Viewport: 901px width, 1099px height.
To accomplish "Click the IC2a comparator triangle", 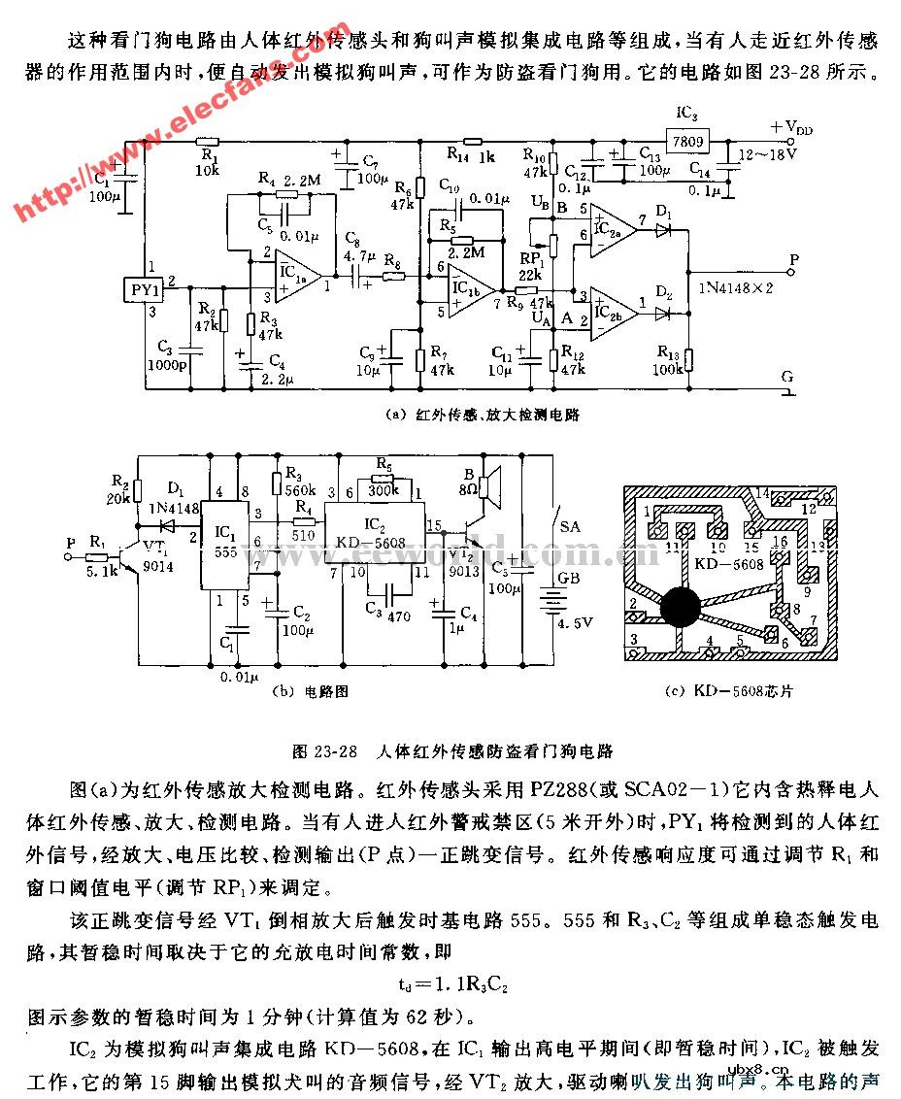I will tap(611, 230).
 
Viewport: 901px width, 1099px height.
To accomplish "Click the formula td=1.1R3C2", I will tap(453, 983).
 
